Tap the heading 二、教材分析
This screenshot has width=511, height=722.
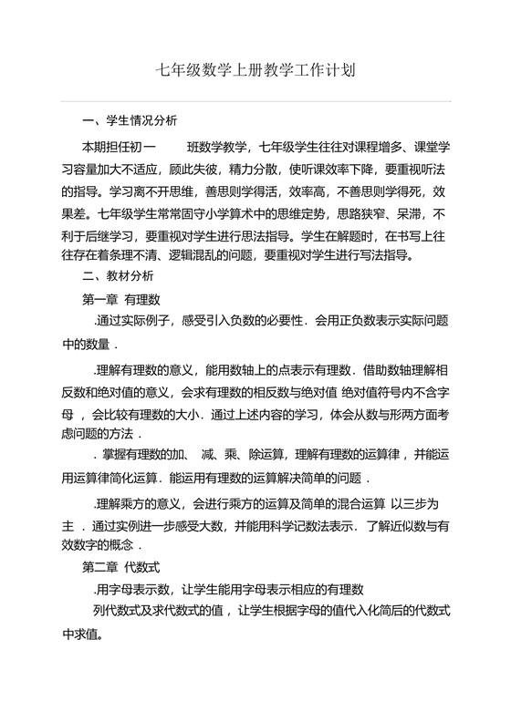coord(118,274)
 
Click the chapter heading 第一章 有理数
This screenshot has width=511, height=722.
coord(121,298)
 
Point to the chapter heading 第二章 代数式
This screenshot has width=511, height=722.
coord(121,565)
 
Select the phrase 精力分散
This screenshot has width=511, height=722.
coord(264,170)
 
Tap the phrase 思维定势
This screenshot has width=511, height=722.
coord(323,218)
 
